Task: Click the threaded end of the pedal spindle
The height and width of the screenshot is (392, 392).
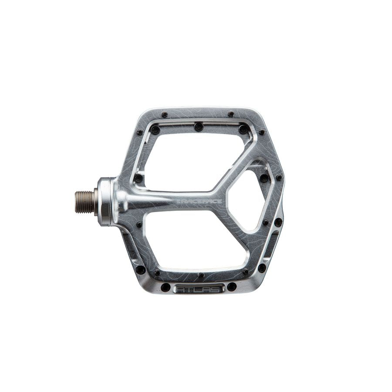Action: pos(84,202)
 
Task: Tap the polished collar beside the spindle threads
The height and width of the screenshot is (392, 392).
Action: pos(105,201)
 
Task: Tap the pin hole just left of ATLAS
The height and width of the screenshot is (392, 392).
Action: pos(166,287)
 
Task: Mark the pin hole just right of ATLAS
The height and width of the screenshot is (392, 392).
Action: pos(232,287)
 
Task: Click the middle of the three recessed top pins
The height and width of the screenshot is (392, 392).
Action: pos(199,127)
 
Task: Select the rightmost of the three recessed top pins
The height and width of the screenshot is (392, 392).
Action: pos(243,129)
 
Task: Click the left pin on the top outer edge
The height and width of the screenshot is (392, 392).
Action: pos(165,115)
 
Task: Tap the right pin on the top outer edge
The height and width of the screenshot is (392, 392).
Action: pos(230,114)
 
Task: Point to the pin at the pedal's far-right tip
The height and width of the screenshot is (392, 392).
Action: pos(279,178)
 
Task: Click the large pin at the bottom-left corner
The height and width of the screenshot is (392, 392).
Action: pos(140,270)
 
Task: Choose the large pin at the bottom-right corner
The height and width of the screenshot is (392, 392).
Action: pos(262,268)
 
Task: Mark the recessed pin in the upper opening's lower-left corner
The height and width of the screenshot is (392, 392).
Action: pos(139,178)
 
